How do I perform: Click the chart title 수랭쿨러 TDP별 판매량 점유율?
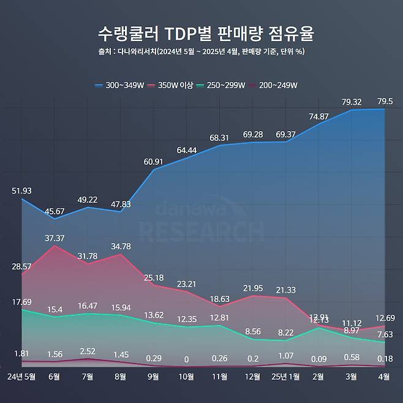pyautogui.click(x=201, y=33)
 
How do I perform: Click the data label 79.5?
pyautogui.click(x=385, y=101)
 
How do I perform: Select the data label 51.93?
pyautogui.click(x=21, y=191)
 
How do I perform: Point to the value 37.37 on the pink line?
pyautogui.click(x=55, y=238)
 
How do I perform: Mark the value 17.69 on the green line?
pyautogui.click(x=21, y=302)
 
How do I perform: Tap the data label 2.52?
pyautogui.click(x=88, y=351)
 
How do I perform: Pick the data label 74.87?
pyautogui.click(x=319, y=116)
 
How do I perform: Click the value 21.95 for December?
pyautogui.click(x=252, y=288)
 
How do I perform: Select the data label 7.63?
pyautogui.click(x=385, y=334)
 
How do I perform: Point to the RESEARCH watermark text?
pyautogui.click(x=201, y=231)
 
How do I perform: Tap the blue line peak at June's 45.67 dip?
pyautogui.click(x=55, y=219)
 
